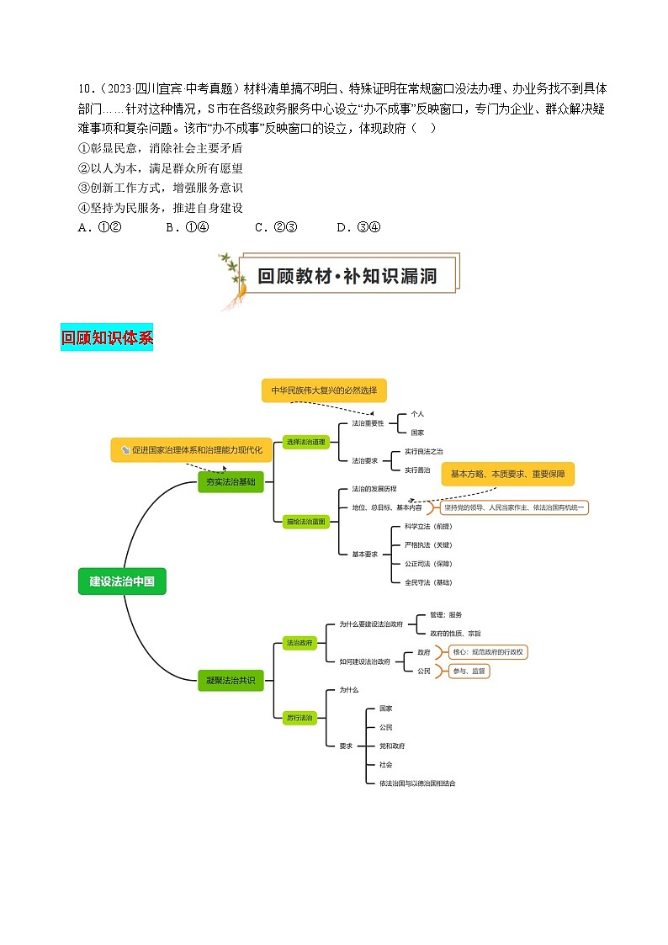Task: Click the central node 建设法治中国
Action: [122, 581]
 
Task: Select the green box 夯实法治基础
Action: [230, 482]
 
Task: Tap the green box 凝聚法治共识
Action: [230, 680]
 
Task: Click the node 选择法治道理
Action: [305, 442]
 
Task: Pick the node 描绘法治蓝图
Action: [305, 522]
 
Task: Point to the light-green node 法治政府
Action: [300, 643]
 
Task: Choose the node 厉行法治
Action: [300, 718]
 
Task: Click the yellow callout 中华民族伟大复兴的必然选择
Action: [324, 390]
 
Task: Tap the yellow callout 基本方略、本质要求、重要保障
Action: [507, 474]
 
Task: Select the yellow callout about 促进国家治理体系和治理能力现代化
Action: [192, 450]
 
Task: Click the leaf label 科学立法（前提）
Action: [427, 526]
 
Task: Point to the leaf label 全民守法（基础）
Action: [427, 582]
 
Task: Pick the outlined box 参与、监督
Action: [468, 671]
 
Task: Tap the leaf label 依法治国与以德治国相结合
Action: [417, 783]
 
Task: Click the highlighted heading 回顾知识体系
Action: [107, 338]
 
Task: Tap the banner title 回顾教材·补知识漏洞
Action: [347, 275]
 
